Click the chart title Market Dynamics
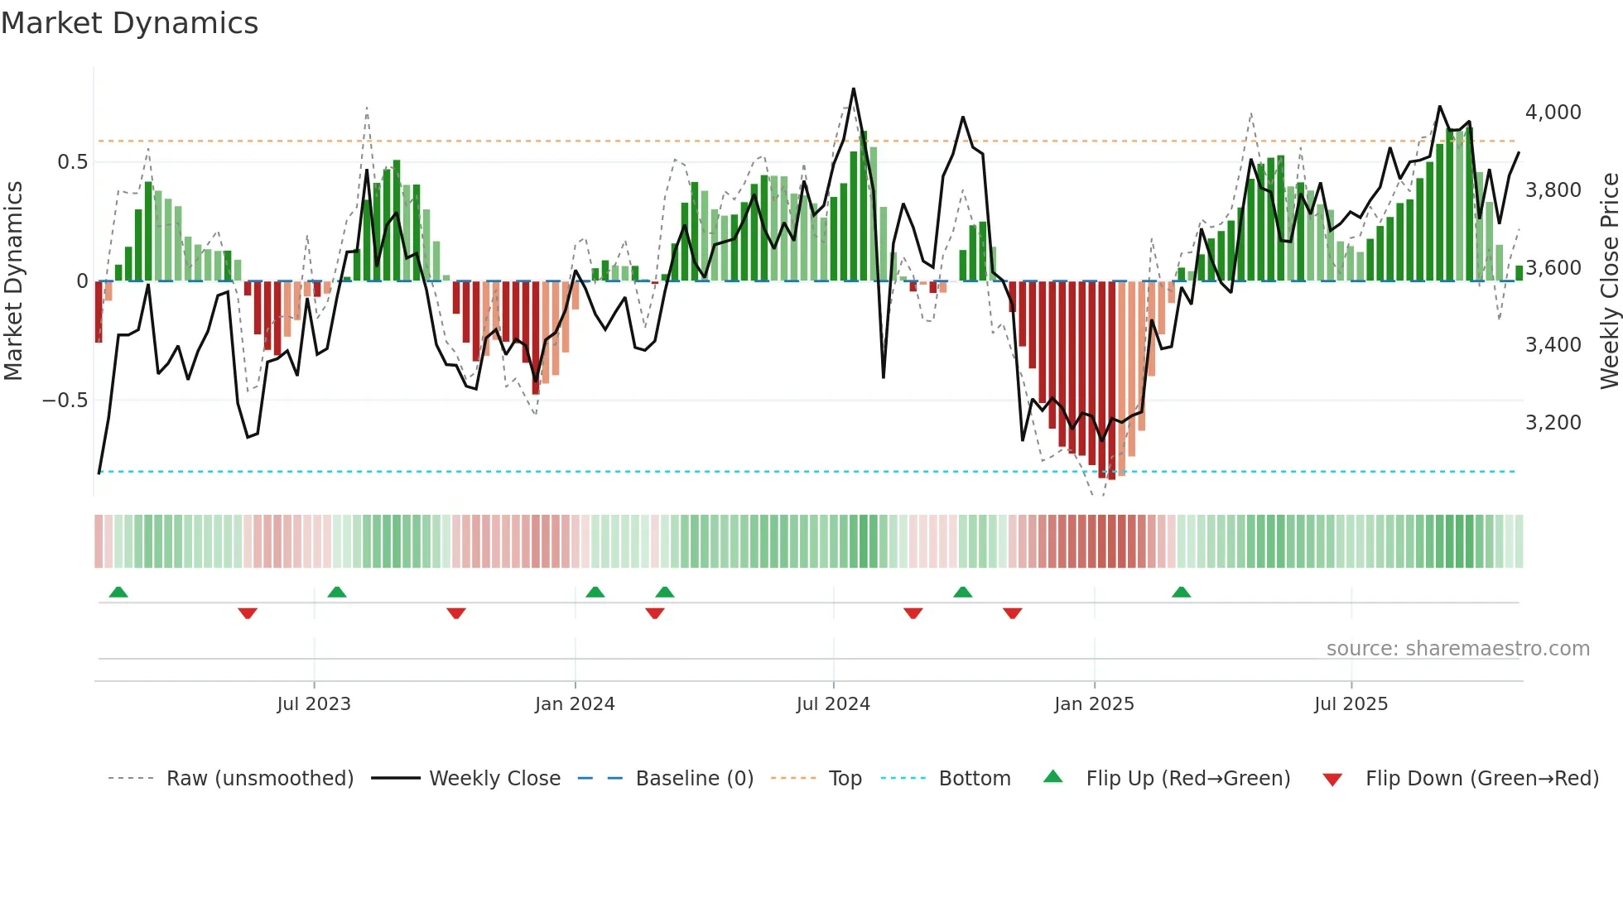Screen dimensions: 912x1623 point(129,23)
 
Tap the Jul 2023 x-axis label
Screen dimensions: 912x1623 point(314,704)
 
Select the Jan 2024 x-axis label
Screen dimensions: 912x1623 point(575,704)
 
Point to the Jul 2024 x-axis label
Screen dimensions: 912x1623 point(833,704)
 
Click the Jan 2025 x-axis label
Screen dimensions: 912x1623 point(1094,704)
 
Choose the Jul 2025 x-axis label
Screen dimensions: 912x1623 point(1351,704)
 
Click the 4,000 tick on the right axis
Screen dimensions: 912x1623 point(1553,113)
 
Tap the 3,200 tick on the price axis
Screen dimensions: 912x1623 point(1553,423)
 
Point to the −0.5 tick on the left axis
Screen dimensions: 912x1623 point(65,401)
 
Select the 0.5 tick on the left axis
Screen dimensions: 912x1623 point(72,162)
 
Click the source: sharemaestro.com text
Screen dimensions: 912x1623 point(1457,649)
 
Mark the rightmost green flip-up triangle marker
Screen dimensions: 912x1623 point(1181,593)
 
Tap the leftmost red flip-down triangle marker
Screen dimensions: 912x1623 point(248,613)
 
